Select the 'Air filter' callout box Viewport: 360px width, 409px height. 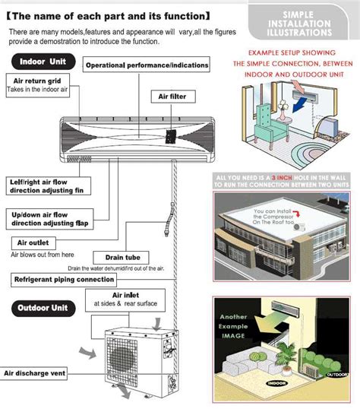[172, 97]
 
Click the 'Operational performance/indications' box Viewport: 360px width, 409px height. [147, 65]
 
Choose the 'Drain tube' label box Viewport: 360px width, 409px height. [114, 258]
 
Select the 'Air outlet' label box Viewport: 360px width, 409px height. [33, 243]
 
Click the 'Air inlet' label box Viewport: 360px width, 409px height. [123, 295]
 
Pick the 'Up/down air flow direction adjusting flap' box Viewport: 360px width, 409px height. [49, 220]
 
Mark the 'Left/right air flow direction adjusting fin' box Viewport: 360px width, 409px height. [50, 187]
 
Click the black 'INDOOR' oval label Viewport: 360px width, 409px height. [276, 382]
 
